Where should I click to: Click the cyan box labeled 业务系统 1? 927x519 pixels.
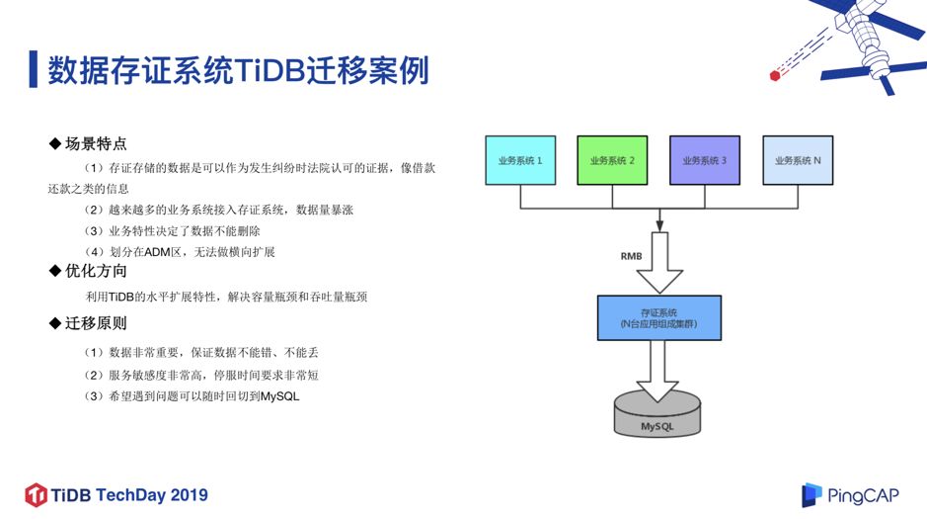coord(519,160)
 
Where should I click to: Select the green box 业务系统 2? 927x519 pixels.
coord(612,160)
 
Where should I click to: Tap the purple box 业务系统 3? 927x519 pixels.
coord(704,160)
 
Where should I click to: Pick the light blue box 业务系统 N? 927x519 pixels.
coord(797,160)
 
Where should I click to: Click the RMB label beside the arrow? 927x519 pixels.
coord(631,255)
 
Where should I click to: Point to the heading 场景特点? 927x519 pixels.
coord(96,144)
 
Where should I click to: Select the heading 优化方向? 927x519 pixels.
coord(96,271)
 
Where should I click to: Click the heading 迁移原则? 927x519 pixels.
coord(96,323)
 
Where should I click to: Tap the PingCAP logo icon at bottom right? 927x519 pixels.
coord(811,494)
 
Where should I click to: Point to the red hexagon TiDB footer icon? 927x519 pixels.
coord(37,494)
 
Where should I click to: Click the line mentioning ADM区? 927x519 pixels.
coord(179,252)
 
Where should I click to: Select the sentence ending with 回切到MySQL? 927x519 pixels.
coord(192,396)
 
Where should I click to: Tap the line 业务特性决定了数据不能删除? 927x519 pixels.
coord(172,230)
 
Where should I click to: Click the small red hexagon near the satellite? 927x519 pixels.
coord(775,72)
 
